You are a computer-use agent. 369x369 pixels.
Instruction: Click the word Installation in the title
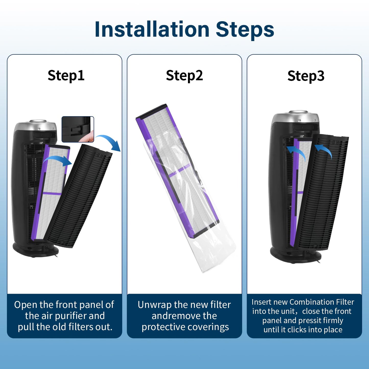(152, 29)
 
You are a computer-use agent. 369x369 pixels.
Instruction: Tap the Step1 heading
(66, 75)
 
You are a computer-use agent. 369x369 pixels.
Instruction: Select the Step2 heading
(184, 75)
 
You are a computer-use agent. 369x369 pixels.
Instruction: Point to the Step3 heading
(306, 76)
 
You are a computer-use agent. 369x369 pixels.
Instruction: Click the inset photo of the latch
(78, 129)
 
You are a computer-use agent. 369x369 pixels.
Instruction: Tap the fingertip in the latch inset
(88, 136)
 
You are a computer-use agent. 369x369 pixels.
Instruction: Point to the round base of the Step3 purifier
(296, 255)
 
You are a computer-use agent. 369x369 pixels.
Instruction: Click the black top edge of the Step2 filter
(151, 112)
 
